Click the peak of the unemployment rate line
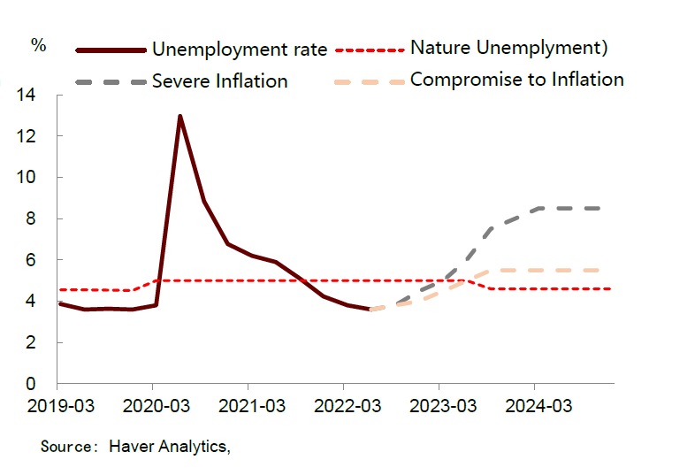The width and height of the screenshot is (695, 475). coord(180,116)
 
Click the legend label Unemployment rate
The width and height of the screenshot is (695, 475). coord(240,49)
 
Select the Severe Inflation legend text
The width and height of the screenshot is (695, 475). coord(220,81)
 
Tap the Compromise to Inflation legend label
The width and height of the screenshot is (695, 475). coord(516,80)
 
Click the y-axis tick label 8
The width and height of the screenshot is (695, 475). coord(40,218)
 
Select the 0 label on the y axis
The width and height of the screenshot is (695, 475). coord(40,384)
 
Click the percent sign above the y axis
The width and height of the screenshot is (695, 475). coord(38,46)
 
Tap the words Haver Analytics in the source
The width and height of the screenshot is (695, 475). coord(169,447)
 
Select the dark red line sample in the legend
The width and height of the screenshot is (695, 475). coord(111,50)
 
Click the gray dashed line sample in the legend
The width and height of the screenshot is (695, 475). coord(111,81)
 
